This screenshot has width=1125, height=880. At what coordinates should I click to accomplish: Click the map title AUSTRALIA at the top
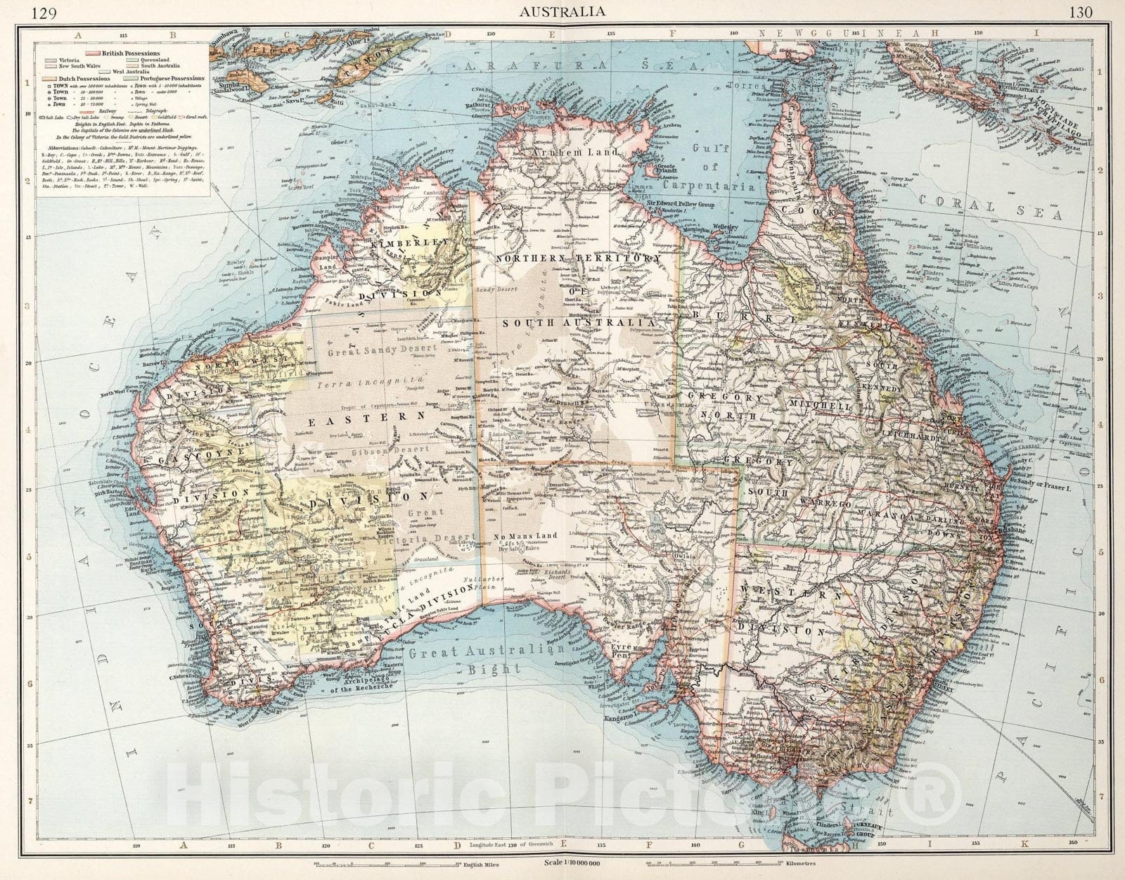[x=561, y=11]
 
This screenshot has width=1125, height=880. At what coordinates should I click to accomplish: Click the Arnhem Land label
[x=584, y=152]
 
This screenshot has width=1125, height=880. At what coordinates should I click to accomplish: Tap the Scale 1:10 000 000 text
[x=576, y=862]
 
